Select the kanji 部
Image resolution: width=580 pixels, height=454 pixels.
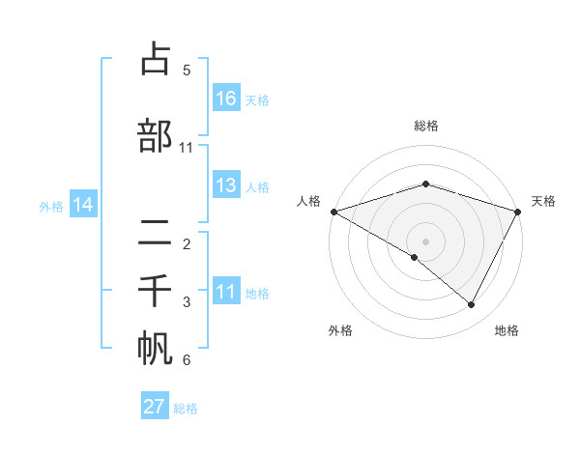pos(156,135)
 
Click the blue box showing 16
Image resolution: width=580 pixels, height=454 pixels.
pos(226,99)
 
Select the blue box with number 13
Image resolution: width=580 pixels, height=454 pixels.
pos(226,185)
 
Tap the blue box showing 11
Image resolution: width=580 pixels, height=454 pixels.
pos(226,292)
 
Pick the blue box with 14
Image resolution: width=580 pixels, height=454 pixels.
pos(83,205)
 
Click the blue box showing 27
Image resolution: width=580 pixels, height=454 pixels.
pos(155,407)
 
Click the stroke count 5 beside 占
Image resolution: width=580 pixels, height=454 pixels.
pos(187,71)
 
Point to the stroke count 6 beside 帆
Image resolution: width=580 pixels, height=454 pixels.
pos(187,360)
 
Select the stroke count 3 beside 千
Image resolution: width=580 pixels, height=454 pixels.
pos(187,302)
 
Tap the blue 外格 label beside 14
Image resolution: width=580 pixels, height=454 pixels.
pos(51,206)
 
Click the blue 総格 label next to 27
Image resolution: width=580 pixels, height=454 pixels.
pos(186,409)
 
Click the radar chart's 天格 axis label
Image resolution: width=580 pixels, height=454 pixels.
pos(544,201)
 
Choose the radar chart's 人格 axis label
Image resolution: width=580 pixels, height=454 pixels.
pos(308,201)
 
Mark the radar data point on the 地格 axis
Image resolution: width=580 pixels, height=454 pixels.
pos(472,305)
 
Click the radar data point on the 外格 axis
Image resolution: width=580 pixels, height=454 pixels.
pos(415,257)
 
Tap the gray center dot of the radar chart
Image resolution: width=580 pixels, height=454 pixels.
pos(425,241)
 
